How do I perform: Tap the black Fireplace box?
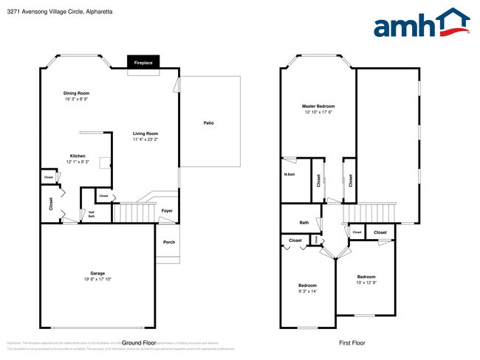(x=143, y=63)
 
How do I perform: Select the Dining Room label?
(x=77, y=93)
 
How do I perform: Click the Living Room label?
(x=145, y=134)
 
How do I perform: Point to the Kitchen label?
(x=78, y=156)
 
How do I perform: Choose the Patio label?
(x=209, y=122)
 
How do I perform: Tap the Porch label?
(x=169, y=242)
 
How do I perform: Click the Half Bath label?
(x=92, y=214)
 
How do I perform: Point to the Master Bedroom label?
(x=318, y=106)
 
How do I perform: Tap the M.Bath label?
(x=290, y=174)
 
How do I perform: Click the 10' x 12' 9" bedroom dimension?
(x=366, y=283)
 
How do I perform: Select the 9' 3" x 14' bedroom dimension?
(x=307, y=291)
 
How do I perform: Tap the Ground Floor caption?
(x=139, y=342)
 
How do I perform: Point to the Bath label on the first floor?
(x=304, y=222)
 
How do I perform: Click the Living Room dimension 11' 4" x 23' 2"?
(x=145, y=139)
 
